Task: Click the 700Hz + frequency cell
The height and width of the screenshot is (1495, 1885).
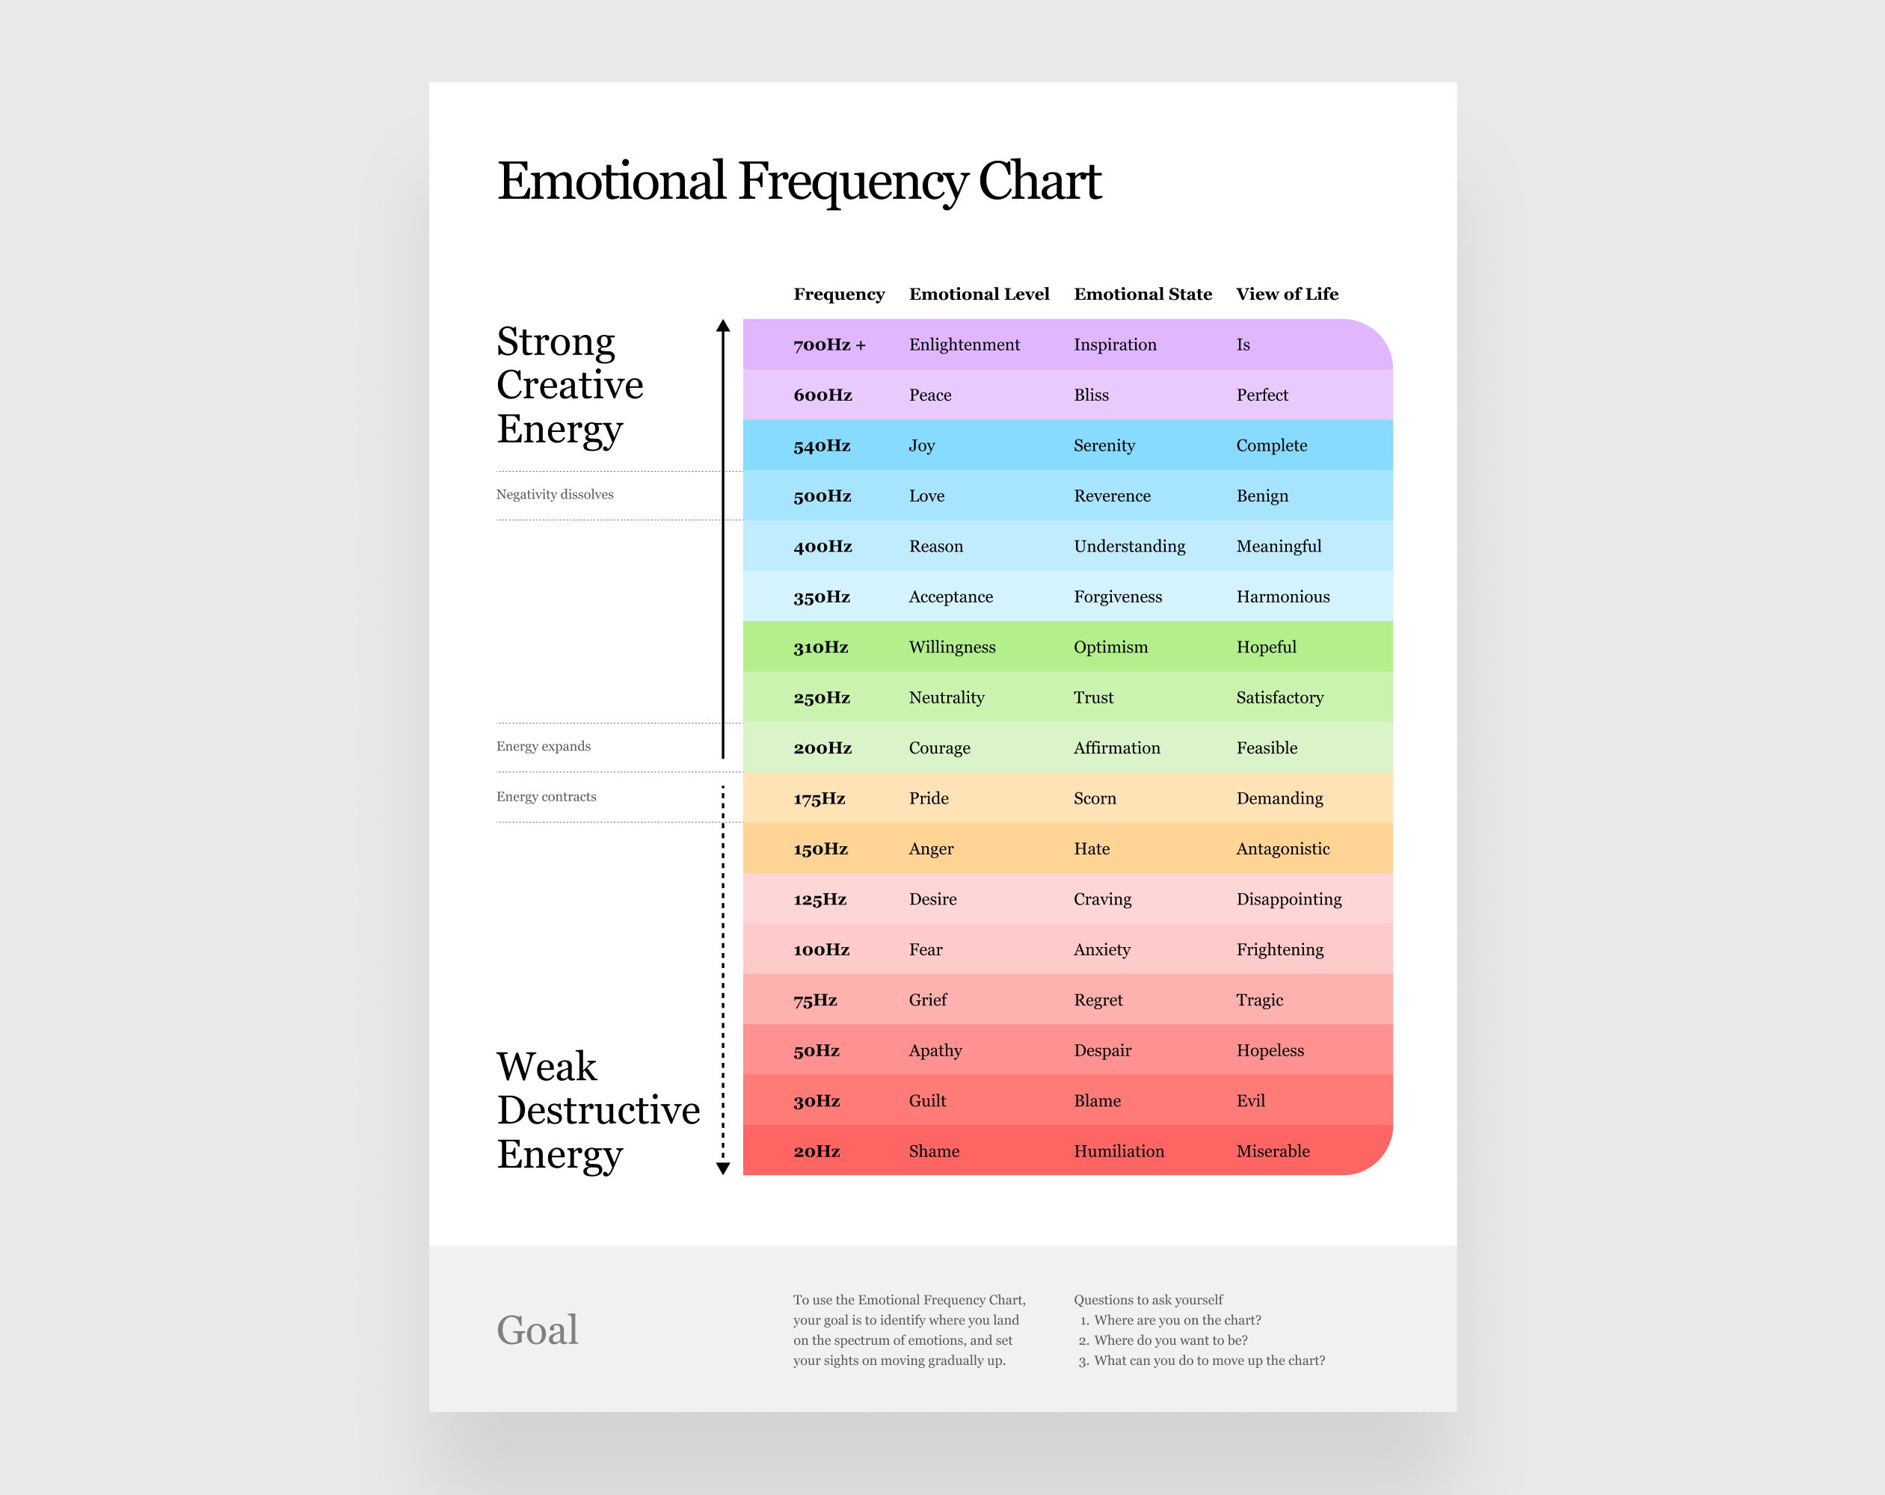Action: click(x=828, y=345)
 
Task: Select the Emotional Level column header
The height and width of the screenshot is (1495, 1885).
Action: click(x=978, y=294)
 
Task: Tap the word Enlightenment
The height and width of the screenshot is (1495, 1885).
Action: click(x=964, y=345)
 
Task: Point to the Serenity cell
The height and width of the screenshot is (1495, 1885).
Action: click(x=1104, y=445)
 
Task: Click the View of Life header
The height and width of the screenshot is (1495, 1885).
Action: click(x=1286, y=294)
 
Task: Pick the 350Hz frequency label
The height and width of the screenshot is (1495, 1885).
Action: click(x=821, y=597)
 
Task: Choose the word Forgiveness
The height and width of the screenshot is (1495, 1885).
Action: click(x=1117, y=597)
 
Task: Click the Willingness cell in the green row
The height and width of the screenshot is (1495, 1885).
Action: click(x=951, y=647)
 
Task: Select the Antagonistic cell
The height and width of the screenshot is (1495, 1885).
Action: click(x=1282, y=848)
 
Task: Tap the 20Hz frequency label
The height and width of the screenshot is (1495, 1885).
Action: click(x=816, y=1150)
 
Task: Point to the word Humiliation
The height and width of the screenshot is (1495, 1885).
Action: click(x=1119, y=1150)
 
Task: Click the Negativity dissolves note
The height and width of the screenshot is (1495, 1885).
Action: click(x=554, y=494)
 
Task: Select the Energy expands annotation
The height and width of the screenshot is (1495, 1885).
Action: click(x=543, y=746)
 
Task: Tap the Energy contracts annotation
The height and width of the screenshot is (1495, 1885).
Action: click(x=546, y=796)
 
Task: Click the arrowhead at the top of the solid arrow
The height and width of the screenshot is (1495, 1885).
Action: click(x=722, y=326)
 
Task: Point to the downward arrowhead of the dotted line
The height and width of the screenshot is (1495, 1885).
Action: click(x=722, y=1169)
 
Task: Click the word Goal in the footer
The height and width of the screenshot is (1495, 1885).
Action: click(x=537, y=1330)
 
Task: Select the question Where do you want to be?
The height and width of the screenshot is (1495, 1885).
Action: click(x=1170, y=1340)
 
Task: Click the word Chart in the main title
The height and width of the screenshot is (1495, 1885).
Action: click(x=1039, y=181)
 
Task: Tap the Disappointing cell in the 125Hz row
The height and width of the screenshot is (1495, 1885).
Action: click(x=1288, y=898)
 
